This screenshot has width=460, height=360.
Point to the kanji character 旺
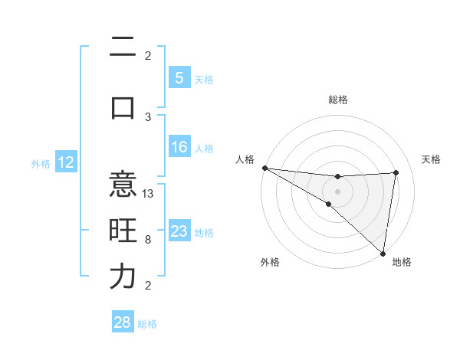click(123, 231)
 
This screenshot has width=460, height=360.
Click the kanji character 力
click(123, 276)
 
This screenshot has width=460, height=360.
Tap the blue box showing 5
click(179, 77)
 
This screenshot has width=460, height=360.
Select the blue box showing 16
click(179, 147)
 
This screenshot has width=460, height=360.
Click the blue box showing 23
click(179, 231)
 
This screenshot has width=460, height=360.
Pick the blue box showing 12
click(66, 162)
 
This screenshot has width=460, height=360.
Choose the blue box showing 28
click(123, 322)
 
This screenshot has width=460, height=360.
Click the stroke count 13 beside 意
click(149, 194)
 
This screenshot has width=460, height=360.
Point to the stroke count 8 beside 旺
click(148, 240)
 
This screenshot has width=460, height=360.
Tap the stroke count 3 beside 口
click(148, 116)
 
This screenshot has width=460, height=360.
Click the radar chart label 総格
click(337, 100)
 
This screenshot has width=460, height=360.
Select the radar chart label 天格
click(431, 159)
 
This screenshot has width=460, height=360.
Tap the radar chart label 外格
click(269, 262)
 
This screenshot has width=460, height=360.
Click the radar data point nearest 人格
click(264, 168)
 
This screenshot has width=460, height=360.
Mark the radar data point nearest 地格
click(383, 253)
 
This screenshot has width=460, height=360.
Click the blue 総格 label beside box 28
click(147, 323)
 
